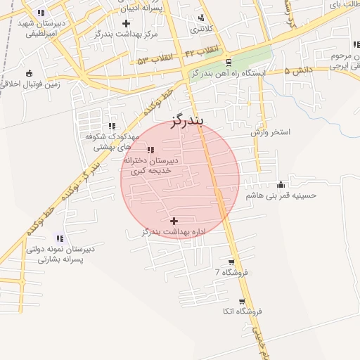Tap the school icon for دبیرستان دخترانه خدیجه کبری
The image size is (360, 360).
coord(151,149)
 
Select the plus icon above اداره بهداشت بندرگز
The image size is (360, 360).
coord(174,221)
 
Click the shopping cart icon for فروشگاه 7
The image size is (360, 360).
coord(232,262)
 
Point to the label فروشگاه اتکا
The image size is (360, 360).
coord(241,311)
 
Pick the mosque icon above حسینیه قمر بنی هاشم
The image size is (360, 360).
coord(281,185)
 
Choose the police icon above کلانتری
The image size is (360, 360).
coord(202,18)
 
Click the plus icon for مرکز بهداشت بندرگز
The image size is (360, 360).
coord(126,23)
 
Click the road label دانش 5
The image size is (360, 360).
coord(298,70)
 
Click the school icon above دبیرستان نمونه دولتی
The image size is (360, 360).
coord(59,239)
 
